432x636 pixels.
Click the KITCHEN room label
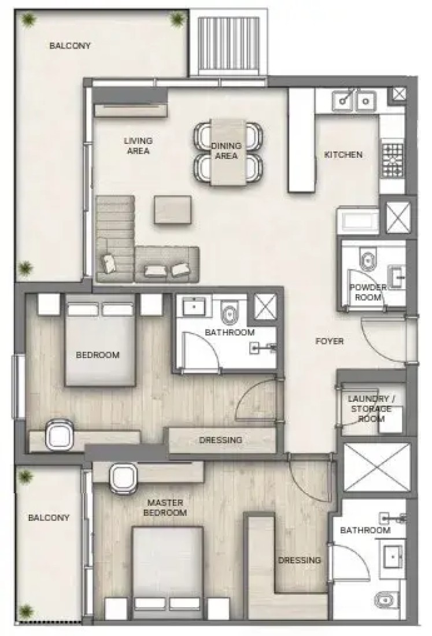coord(343,154)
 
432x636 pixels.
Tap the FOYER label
coord(330,341)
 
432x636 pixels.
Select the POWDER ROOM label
coord(368,292)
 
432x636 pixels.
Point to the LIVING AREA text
coord(138,146)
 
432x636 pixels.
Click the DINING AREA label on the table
coord(226,150)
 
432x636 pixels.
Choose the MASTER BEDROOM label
coord(165,508)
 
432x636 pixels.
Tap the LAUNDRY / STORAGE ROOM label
coord(371,408)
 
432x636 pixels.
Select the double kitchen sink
coord(354,100)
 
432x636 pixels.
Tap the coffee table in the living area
coord(172,209)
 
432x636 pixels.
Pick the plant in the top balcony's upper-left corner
coord(28,19)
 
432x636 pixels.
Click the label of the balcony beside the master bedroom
coord(49,517)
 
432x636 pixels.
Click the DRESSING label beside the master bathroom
coord(300,560)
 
